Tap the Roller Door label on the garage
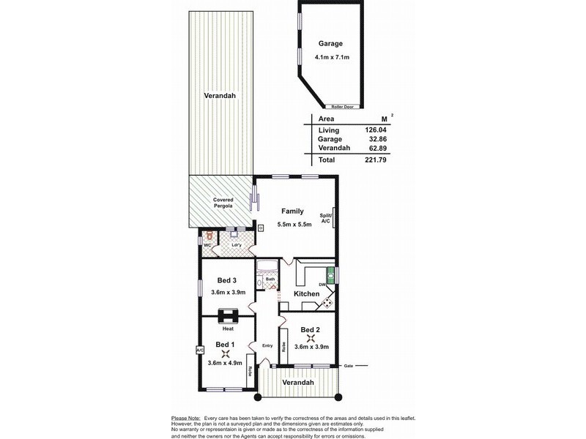click(342, 107)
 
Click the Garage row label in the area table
click(330, 139)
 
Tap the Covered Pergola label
click(223, 203)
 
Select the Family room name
click(292, 211)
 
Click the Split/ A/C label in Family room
click(326, 218)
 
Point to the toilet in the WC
click(209, 236)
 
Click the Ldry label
click(236, 244)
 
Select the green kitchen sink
click(330, 275)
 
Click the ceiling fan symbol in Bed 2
click(311, 338)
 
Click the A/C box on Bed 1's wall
click(199, 350)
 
